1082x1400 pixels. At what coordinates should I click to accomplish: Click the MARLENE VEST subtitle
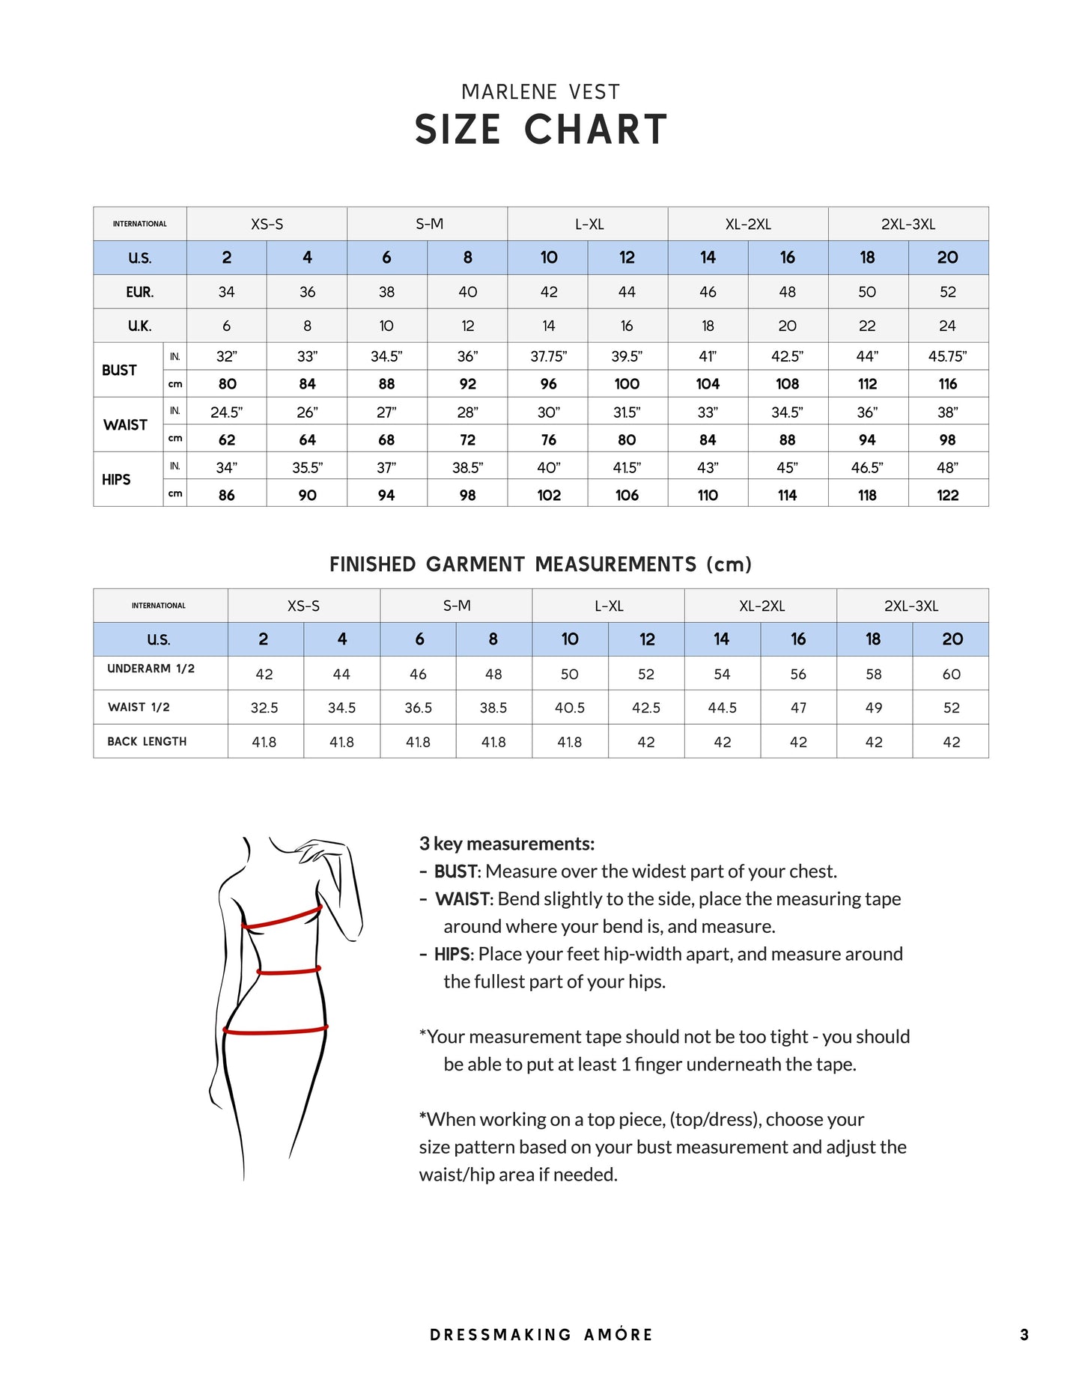541,92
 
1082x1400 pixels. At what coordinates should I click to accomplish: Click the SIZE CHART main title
541,130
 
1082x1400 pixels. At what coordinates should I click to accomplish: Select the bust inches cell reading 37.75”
548,356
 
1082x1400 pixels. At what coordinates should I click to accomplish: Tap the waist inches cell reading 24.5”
226,412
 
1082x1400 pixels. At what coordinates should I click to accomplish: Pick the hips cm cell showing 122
947,495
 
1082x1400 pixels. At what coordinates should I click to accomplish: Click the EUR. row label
139,292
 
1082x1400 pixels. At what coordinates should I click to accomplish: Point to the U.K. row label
139,326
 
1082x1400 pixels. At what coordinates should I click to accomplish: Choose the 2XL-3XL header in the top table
908,224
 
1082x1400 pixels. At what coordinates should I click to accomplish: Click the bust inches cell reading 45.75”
947,356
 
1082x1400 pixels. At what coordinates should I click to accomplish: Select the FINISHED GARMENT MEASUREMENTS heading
541,564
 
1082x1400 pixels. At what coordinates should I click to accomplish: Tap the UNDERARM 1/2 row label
151,669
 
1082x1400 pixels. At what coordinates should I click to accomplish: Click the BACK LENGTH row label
147,741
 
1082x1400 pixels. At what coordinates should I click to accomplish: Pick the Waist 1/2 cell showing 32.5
264,707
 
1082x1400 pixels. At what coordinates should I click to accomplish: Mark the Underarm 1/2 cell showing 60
951,674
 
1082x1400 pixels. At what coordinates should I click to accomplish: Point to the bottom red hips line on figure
276,1031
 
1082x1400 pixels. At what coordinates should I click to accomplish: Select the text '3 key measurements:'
507,844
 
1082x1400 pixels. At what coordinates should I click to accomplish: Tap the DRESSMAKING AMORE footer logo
541,1334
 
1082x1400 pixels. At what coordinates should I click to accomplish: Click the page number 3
1024,1334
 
